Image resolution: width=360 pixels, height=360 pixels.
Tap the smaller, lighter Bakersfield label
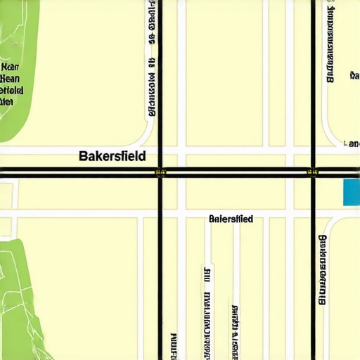point(231,219)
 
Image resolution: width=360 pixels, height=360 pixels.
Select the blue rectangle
point(351,192)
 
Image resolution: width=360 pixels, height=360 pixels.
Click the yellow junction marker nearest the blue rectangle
point(313,171)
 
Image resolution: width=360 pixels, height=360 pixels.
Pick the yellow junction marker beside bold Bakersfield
point(160,171)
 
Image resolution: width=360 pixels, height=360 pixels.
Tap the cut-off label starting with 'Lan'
point(351,143)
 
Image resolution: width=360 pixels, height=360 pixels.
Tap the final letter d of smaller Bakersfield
point(250,219)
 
